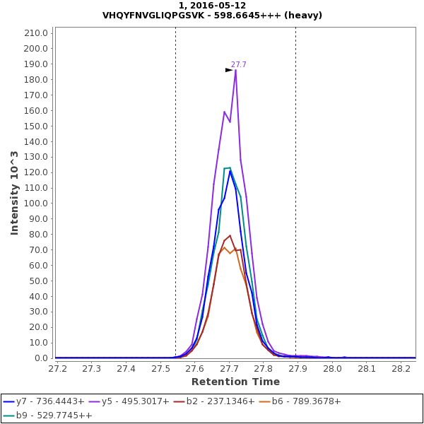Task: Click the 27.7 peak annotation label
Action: tap(239, 65)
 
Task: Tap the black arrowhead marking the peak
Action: tap(229, 70)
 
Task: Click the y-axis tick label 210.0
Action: tap(36, 33)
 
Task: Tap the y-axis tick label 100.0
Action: tap(36, 204)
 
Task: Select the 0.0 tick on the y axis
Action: tap(41, 358)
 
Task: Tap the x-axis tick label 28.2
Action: tap(401, 369)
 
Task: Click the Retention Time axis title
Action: tap(235, 382)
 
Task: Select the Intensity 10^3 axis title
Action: tap(14, 192)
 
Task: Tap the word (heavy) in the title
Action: tap(300, 15)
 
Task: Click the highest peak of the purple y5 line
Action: tap(235, 70)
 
